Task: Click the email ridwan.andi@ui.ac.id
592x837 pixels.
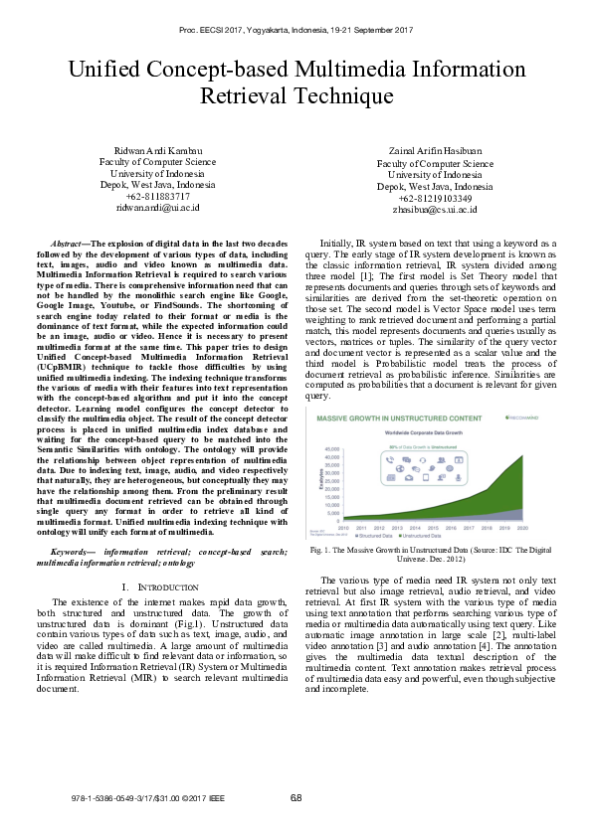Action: pyautogui.click(x=158, y=208)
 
